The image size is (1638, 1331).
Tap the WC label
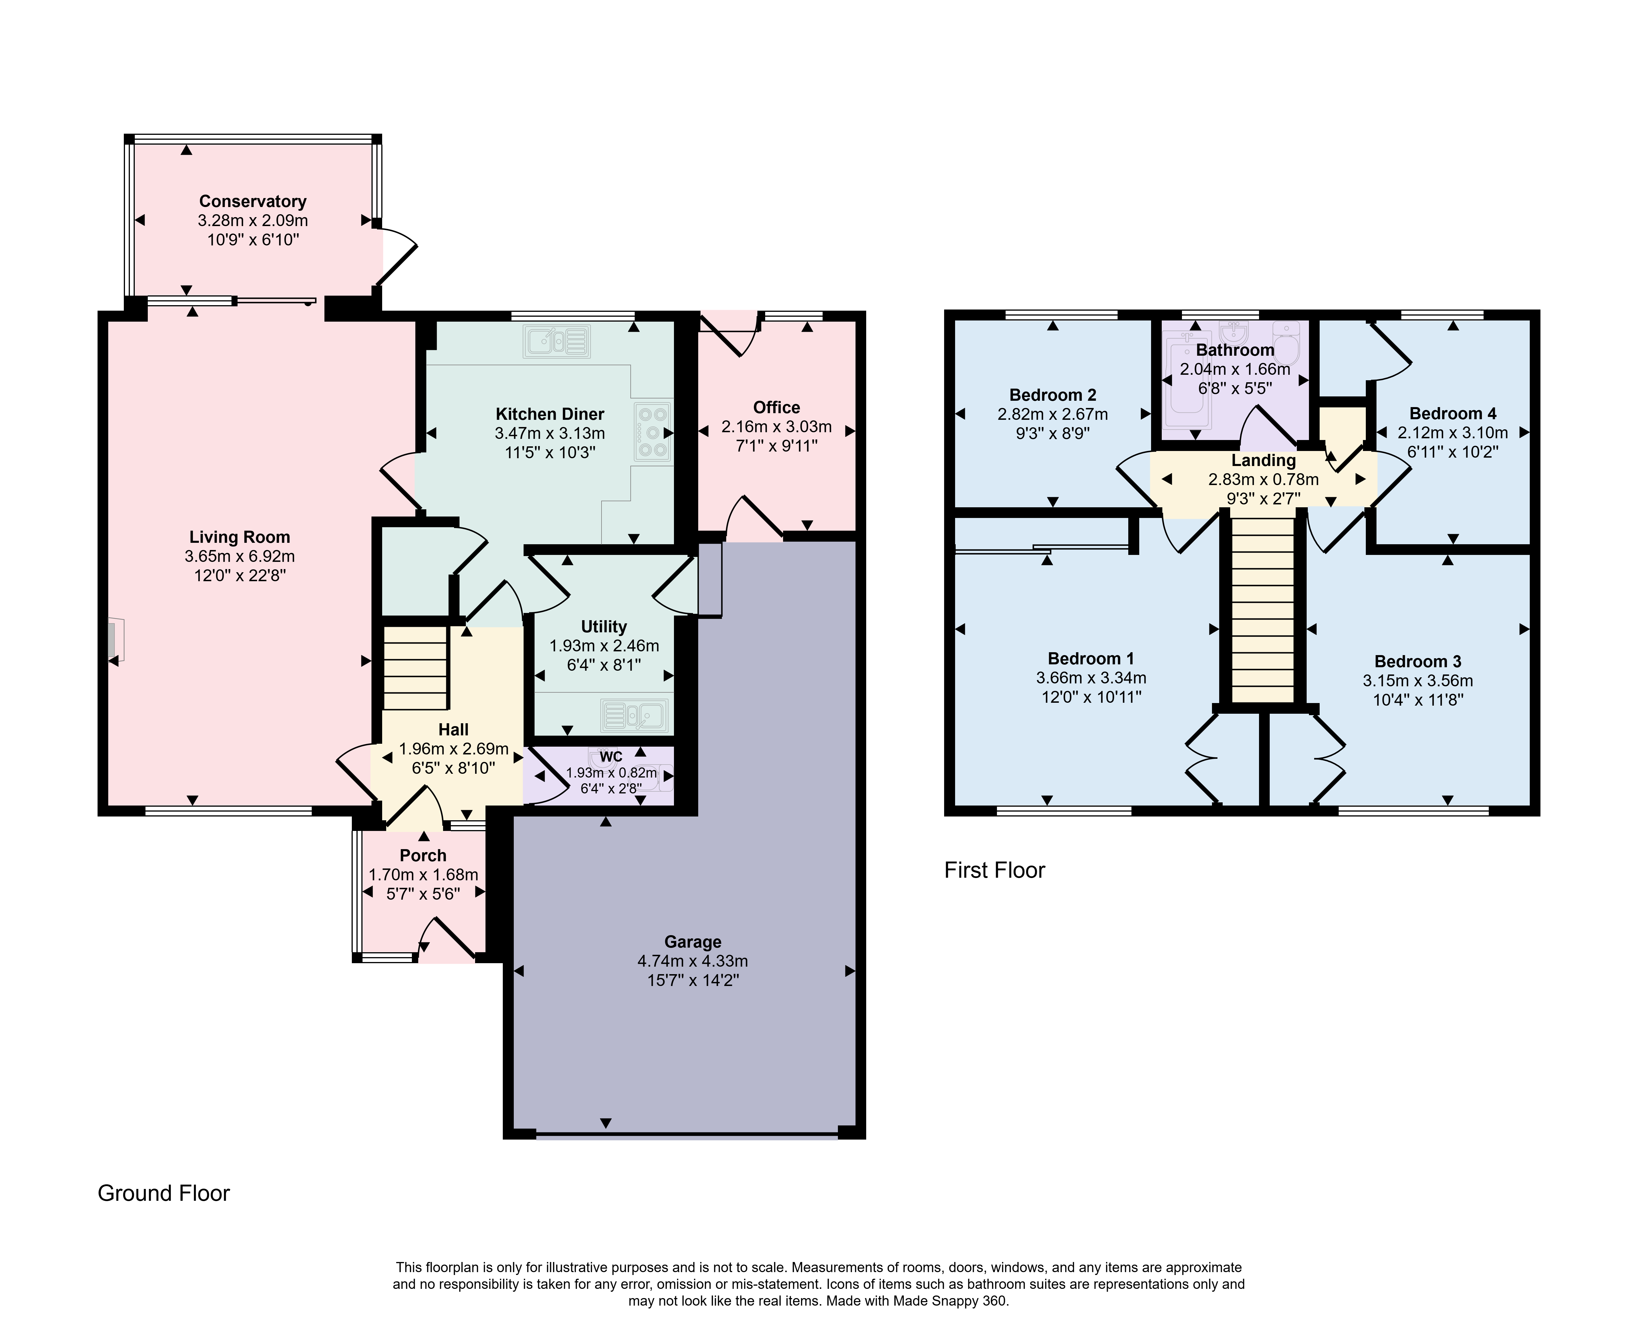(x=611, y=757)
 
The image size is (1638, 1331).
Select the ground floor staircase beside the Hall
(x=415, y=667)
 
